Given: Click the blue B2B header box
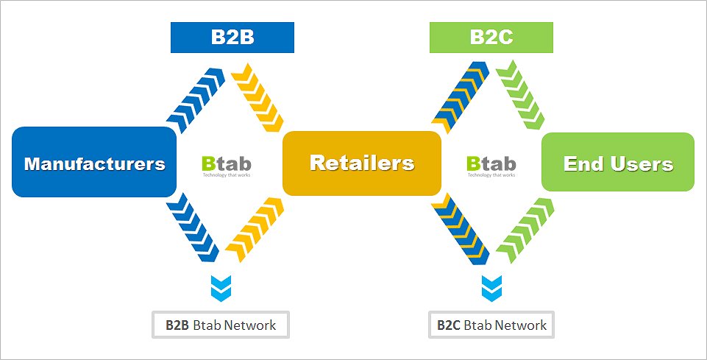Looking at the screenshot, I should pyautogui.click(x=232, y=38).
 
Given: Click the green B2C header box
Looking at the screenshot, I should pyautogui.click(x=491, y=38).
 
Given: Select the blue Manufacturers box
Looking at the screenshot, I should pyautogui.click(x=94, y=163).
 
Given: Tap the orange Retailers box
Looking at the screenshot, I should pyautogui.click(x=361, y=163).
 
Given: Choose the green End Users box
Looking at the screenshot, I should pyautogui.click(x=618, y=163).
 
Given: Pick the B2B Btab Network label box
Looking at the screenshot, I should pyautogui.click(x=221, y=325).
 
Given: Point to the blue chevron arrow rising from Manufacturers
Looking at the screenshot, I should pyautogui.click(x=196, y=99).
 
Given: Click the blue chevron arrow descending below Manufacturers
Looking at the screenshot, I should pyautogui.click(x=193, y=227).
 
